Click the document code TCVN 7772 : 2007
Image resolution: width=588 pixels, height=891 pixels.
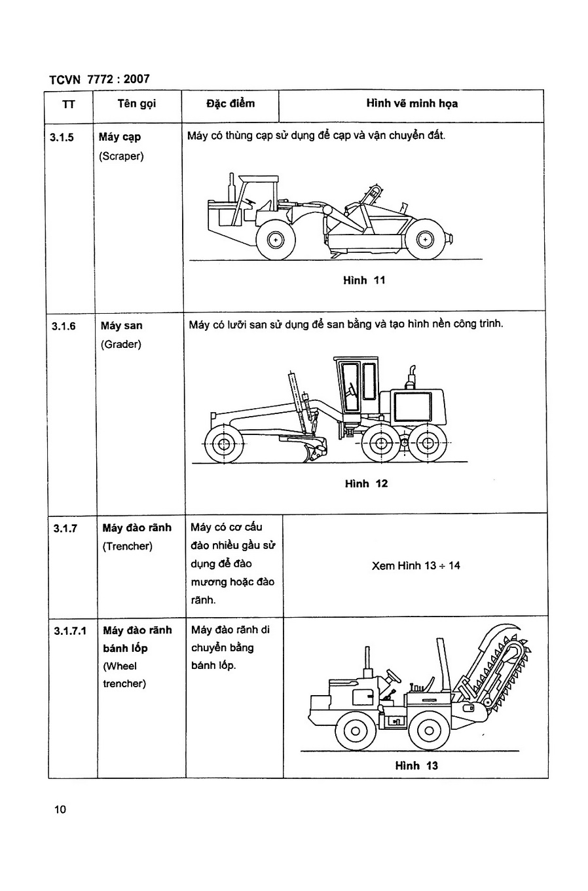click(x=100, y=79)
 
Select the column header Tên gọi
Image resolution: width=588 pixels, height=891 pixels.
click(x=137, y=104)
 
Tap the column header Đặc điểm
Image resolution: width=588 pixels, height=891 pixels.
click(x=230, y=104)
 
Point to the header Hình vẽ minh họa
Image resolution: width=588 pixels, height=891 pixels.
click(x=412, y=104)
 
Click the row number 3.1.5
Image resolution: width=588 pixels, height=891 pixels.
click(x=62, y=138)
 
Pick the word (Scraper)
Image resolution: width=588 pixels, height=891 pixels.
click(x=121, y=157)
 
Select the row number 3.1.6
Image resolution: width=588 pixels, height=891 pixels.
click(x=64, y=326)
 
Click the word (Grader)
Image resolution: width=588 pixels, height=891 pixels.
click(x=121, y=345)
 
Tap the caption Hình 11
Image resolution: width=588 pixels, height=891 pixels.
click(x=364, y=280)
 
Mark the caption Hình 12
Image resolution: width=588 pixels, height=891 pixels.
click(x=366, y=483)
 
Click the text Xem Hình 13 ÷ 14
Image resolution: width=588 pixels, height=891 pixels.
click(x=416, y=565)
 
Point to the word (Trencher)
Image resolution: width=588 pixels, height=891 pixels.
click(x=128, y=546)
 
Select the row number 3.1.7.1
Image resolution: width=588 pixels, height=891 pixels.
click(x=70, y=631)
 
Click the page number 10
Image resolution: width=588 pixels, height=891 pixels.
click(x=60, y=810)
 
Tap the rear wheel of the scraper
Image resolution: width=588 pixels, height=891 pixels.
click(x=426, y=240)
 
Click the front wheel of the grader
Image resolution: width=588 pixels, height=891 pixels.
click(x=223, y=444)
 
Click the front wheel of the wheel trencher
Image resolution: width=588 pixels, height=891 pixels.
click(x=356, y=731)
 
